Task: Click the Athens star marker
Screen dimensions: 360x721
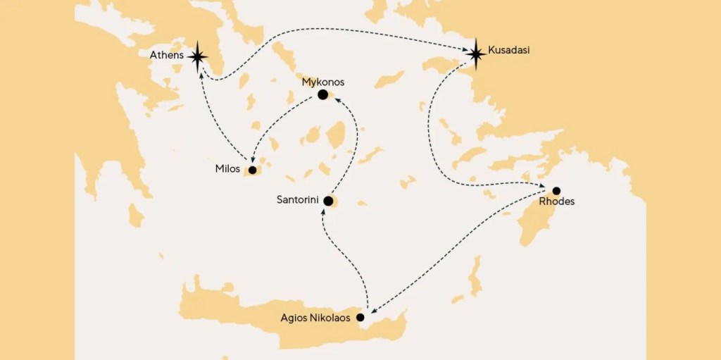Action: (x=198, y=56)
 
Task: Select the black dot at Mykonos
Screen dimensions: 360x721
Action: (x=322, y=94)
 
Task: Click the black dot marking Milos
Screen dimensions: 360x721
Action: (x=252, y=170)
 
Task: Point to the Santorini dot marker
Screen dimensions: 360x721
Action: (x=328, y=201)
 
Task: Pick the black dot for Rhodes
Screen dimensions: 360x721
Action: (x=556, y=190)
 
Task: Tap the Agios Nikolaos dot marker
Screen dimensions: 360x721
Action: (x=360, y=318)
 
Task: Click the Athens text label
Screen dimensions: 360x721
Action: (x=167, y=55)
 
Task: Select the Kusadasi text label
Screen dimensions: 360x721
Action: (x=508, y=51)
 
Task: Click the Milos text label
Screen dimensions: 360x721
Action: (x=228, y=169)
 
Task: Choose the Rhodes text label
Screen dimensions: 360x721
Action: (x=556, y=202)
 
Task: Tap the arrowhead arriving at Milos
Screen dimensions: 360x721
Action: (x=253, y=159)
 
